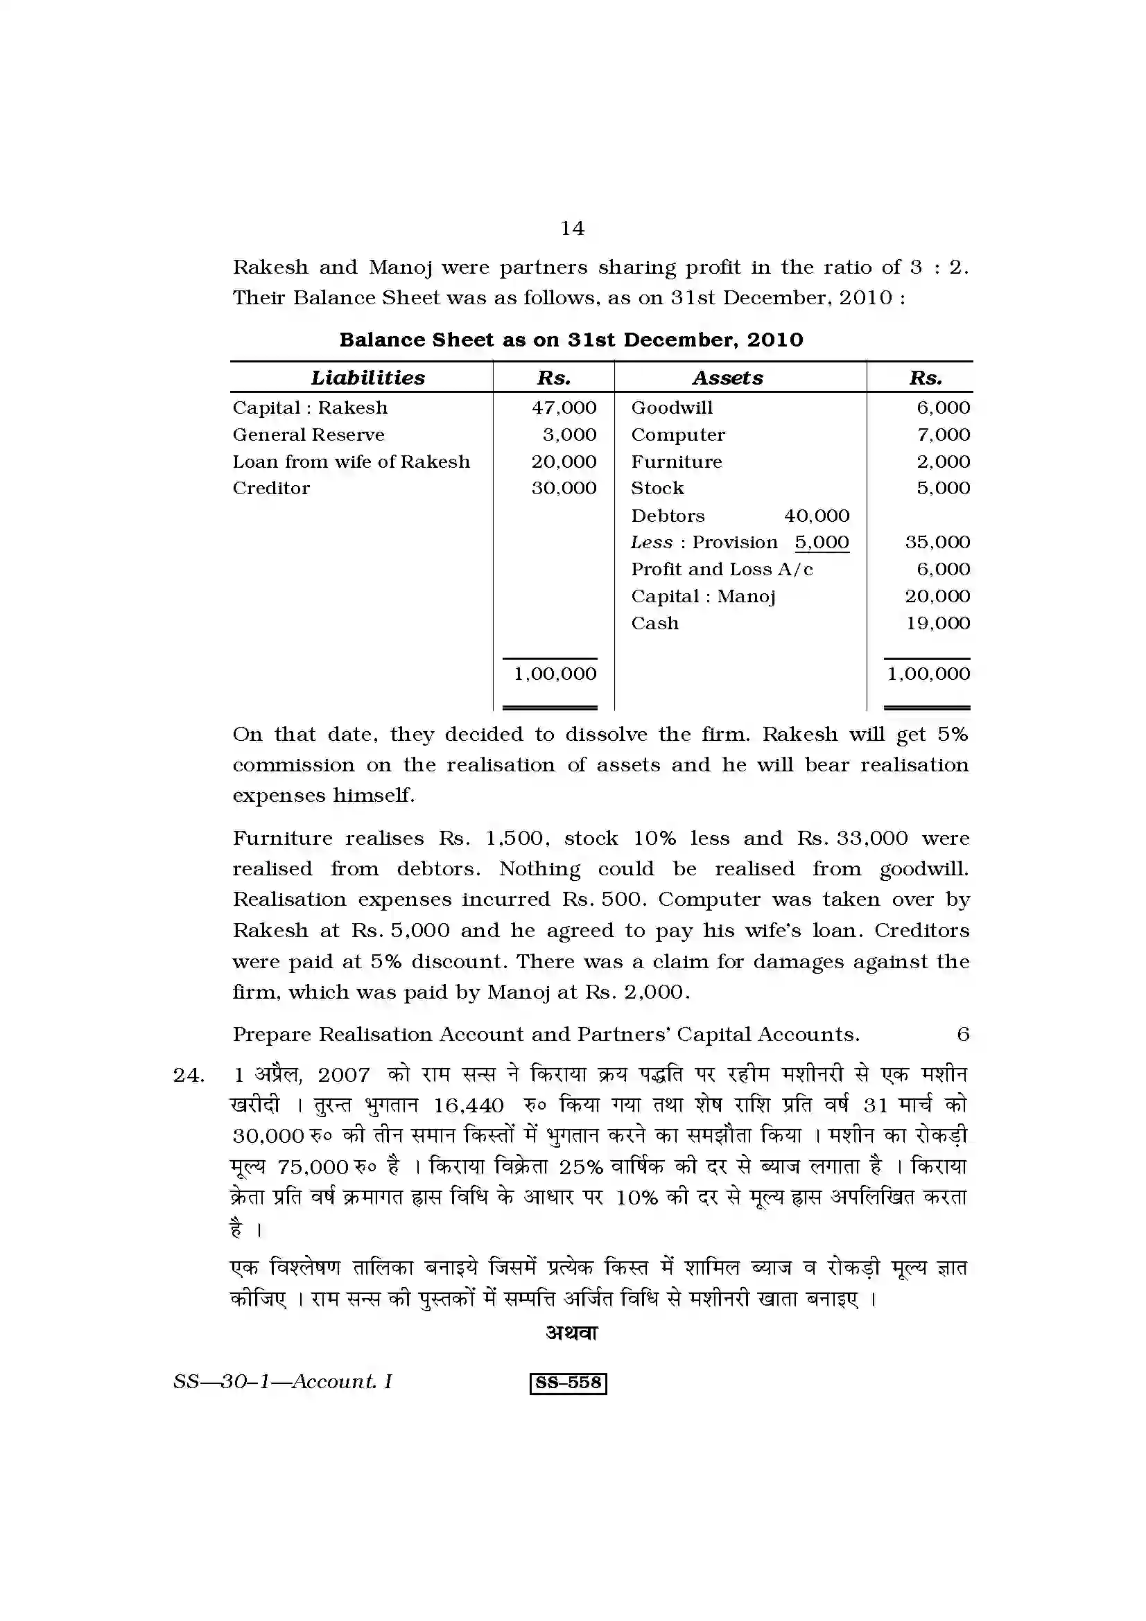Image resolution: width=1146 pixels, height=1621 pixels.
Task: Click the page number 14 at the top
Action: click(x=572, y=228)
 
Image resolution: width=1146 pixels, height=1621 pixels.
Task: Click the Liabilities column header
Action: click(x=368, y=378)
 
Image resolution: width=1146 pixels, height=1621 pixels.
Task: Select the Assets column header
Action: click(x=727, y=378)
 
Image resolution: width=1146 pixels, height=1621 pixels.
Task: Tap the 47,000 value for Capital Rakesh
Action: click(x=564, y=408)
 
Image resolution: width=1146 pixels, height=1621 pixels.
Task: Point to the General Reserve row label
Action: click(x=309, y=435)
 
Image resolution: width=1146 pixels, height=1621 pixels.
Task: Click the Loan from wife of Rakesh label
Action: click(x=351, y=462)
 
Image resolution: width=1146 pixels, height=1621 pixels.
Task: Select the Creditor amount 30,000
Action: click(x=564, y=488)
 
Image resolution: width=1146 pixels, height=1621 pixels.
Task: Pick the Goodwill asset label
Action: click(x=672, y=408)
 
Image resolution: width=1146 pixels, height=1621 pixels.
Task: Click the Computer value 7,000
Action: click(x=943, y=435)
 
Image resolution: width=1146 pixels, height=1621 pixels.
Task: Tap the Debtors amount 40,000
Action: click(x=816, y=516)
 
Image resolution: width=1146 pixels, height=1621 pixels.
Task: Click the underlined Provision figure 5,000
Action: click(x=821, y=542)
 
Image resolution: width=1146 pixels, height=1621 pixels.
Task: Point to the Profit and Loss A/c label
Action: click(x=722, y=569)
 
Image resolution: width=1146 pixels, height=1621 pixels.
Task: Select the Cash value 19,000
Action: click(x=937, y=623)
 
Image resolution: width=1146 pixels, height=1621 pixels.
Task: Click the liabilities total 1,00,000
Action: click(x=555, y=674)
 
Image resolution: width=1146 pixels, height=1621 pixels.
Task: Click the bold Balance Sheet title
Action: click(x=571, y=340)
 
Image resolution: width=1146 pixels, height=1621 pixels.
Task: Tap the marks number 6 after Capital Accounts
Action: click(x=962, y=1034)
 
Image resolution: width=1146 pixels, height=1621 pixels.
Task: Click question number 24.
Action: click(x=189, y=1076)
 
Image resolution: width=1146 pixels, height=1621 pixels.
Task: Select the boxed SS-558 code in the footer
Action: click(x=568, y=1383)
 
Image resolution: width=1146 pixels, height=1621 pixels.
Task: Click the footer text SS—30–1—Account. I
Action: click(x=282, y=1382)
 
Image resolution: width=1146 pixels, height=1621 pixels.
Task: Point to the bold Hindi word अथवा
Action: click(x=572, y=1332)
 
